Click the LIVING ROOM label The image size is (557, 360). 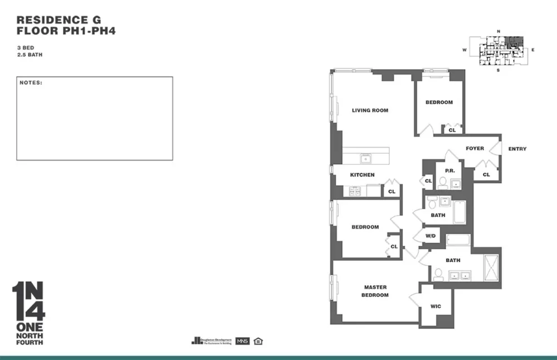point(370,110)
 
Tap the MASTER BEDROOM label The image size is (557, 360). point(375,291)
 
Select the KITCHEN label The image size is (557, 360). point(362,175)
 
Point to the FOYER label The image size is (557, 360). point(475,148)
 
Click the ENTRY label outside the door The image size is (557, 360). point(517,149)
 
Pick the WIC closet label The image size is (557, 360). point(436,306)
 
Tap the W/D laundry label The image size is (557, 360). point(431,236)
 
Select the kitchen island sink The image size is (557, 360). point(367,158)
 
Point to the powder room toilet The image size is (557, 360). point(442,183)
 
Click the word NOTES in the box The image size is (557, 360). point(31,82)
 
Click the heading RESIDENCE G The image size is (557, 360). point(58,19)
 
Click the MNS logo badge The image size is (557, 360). point(242,340)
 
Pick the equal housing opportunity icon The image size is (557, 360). point(257,340)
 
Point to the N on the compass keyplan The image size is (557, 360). point(499,31)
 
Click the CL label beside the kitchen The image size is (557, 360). point(392,192)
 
